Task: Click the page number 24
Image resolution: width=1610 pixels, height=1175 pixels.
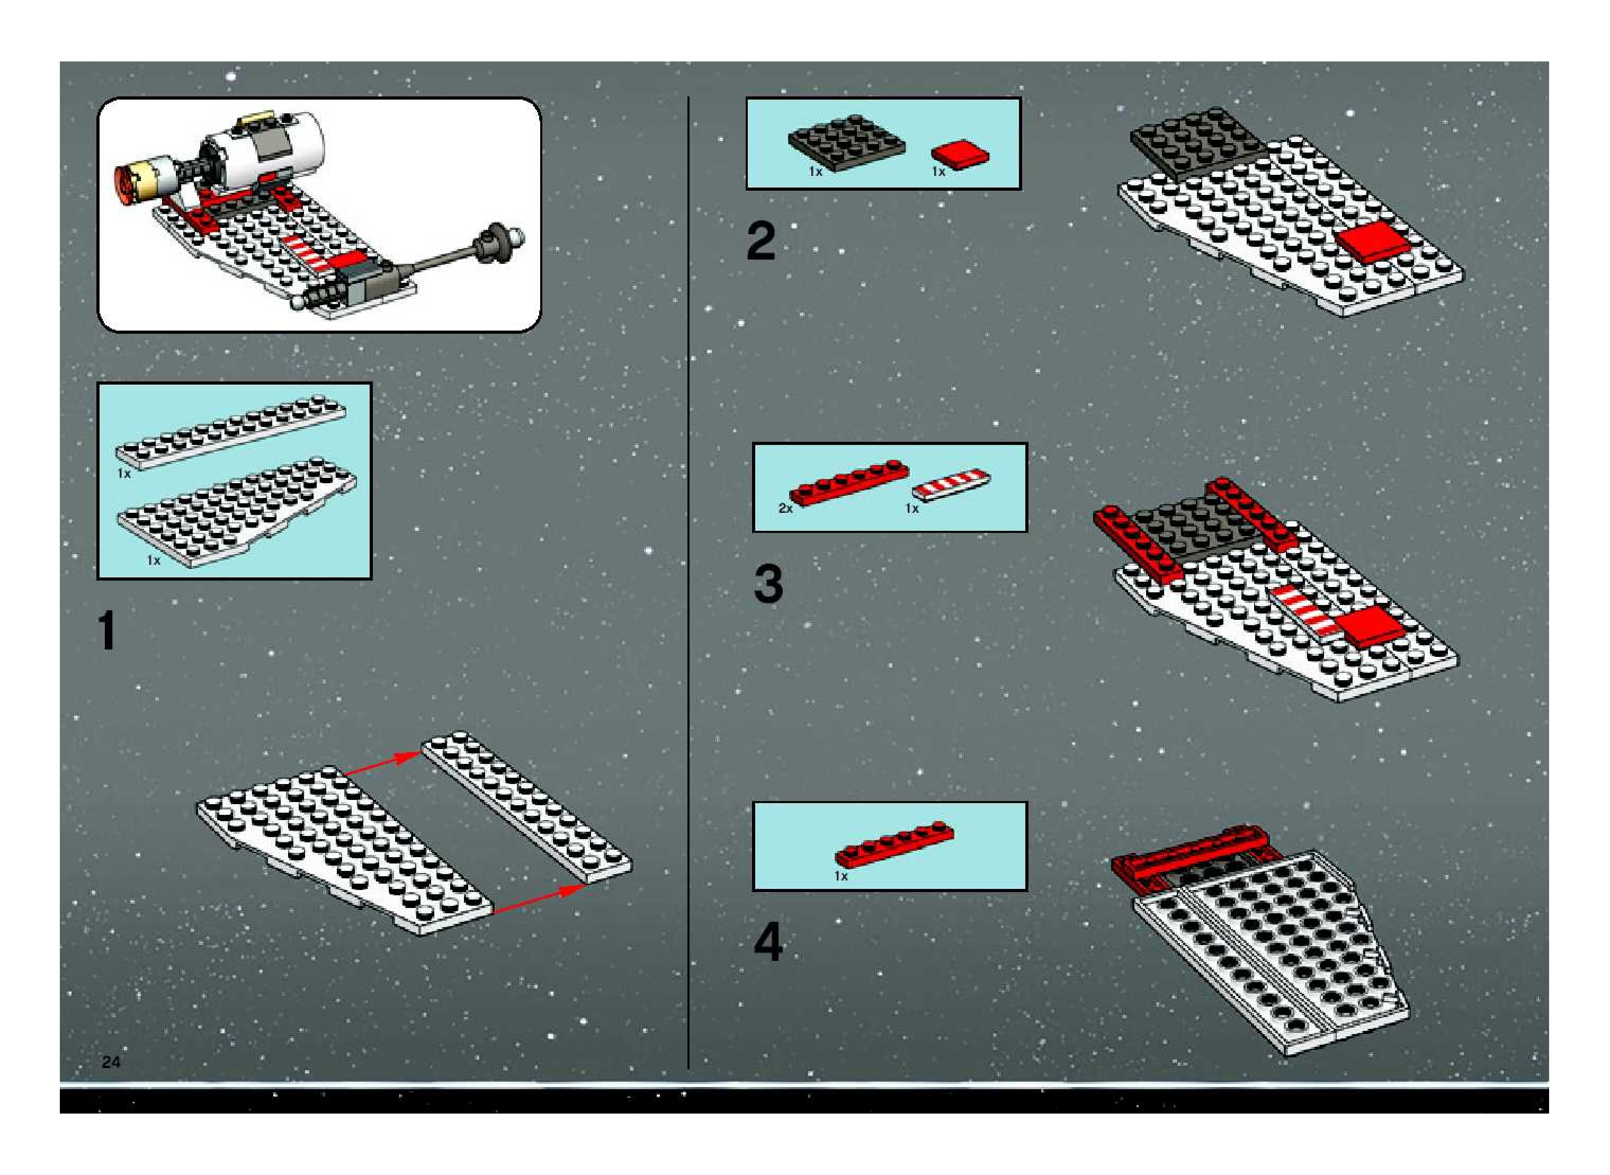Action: click(x=111, y=1062)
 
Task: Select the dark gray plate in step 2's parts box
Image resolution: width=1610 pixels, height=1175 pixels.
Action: click(x=846, y=143)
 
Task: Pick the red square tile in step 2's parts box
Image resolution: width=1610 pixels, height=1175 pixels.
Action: click(x=960, y=154)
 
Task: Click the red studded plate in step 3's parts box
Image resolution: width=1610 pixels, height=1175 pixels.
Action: click(x=848, y=483)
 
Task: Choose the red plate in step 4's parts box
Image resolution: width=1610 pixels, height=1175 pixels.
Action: click(x=895, y=844)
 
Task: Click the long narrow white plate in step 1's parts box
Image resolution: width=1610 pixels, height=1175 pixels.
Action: click(x=231, y=432)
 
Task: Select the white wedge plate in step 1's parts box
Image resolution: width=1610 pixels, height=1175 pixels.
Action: click(x=237, y=512)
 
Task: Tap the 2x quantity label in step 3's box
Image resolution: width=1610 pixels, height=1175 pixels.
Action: click(x=785, y=509)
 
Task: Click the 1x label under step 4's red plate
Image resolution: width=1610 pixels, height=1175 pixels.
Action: click(x=841, y=876)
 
